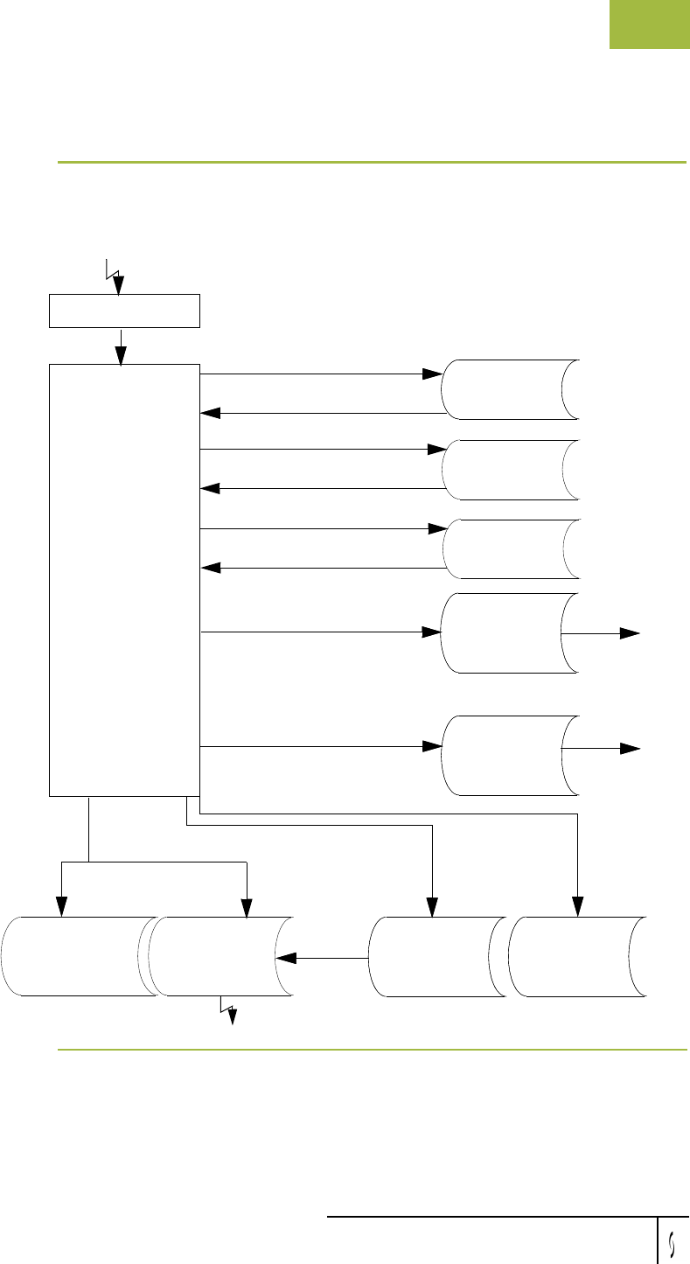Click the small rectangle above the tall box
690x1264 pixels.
(125, 311)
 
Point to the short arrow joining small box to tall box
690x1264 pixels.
(121, 346)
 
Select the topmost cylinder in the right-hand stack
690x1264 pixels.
(512, 388)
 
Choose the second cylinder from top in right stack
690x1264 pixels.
(512, 469)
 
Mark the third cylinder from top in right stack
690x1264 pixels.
(512, 548)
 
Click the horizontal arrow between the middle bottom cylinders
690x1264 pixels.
(323, 958)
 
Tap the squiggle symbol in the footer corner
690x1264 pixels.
(673, 1241)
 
